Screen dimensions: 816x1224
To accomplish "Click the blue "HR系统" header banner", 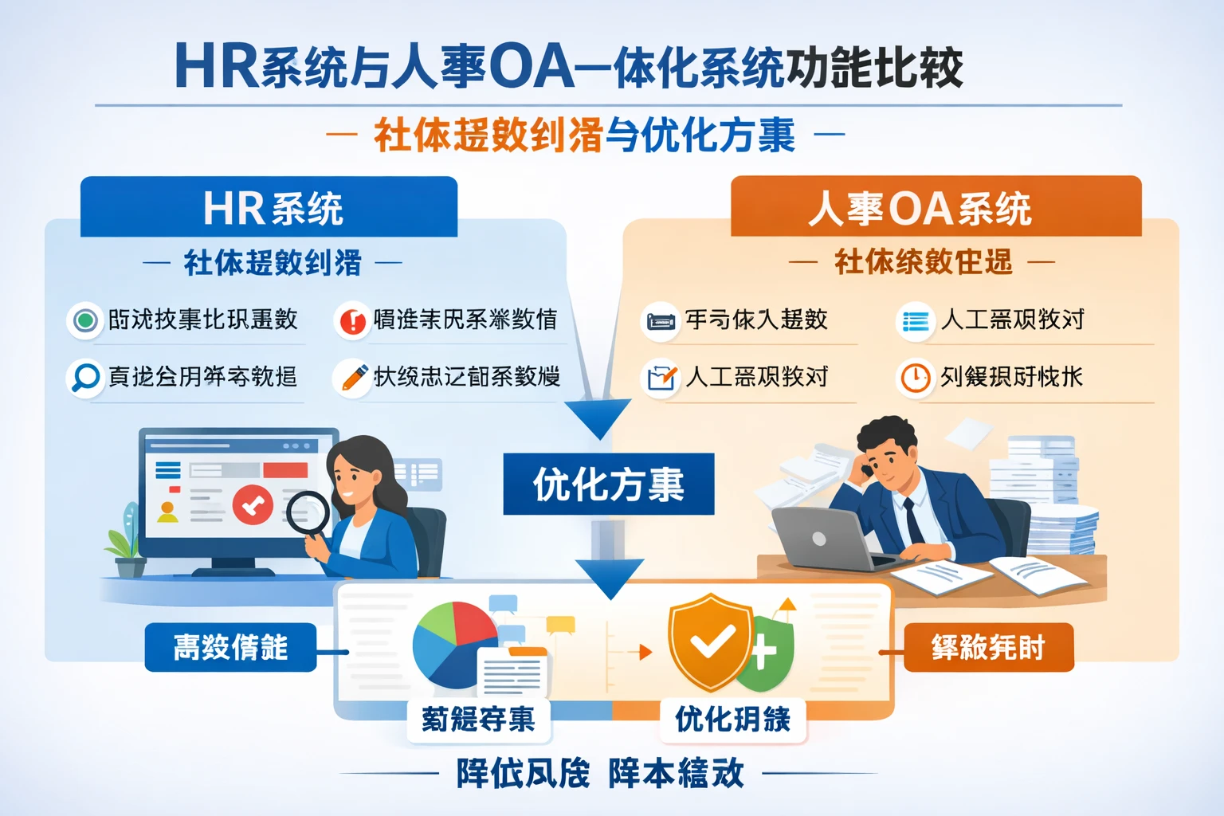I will [269, 207].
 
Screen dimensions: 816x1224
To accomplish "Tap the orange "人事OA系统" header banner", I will [936, 207].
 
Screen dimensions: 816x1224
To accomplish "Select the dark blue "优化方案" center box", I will [608, 484].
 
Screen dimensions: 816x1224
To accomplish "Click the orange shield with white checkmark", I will [710, 641].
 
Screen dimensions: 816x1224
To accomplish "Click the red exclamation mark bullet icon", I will [351, 320].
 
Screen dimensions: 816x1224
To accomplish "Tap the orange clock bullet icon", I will [915, 378].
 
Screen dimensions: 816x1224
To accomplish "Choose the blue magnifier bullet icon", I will [84, 377].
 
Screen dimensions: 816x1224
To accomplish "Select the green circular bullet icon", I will [84, 320].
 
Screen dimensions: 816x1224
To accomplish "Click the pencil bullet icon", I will [353, 377].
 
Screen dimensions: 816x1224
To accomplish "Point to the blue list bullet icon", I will [915, 320].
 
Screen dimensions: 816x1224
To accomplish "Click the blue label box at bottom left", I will [230, 647].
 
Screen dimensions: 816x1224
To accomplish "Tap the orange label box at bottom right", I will [988, 647].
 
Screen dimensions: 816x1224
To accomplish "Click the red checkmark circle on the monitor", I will [253, 504].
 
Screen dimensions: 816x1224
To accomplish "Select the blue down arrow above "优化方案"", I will [599, 418].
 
